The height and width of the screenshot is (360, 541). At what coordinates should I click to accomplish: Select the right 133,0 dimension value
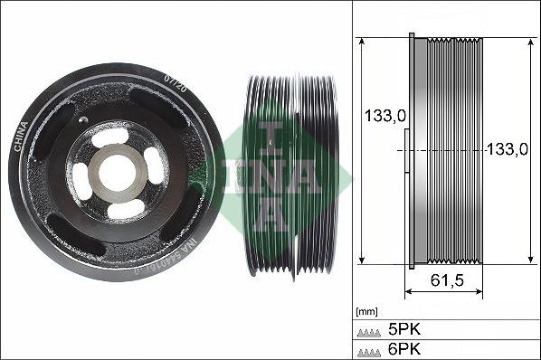508,150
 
